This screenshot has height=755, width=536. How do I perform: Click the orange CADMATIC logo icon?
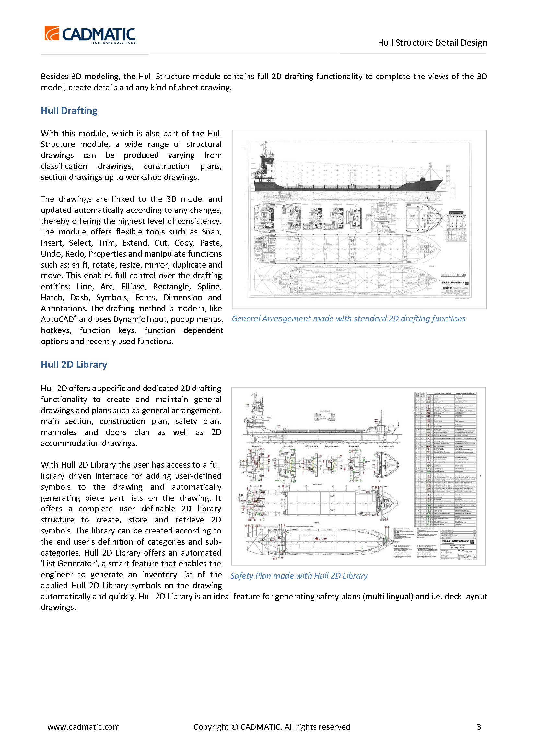tap(52, 33)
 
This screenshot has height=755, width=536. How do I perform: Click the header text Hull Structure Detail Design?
tap(432, 42)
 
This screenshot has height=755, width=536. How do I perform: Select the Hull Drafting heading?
tap(69, 110)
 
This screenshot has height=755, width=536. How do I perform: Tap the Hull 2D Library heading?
tap(74, 364)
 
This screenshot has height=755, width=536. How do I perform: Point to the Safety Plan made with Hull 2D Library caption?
tap(299, 576)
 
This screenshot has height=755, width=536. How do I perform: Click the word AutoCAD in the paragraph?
tap(57, 319)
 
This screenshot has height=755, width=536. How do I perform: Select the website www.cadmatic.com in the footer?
tap(84, 726)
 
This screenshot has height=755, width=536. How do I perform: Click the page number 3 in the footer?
tap(479, 726)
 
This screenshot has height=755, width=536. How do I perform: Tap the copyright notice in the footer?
tap(271, 726)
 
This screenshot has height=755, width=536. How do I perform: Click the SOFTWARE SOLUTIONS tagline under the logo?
tap(114, 42)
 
